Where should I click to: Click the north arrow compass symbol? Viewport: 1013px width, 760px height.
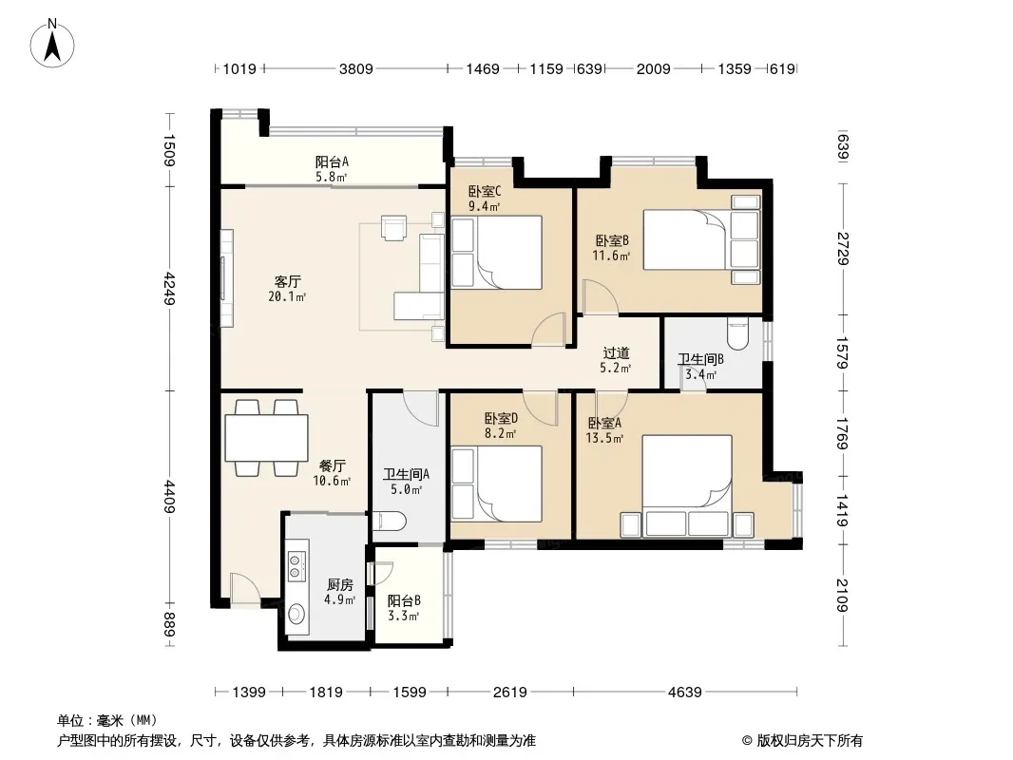[x=52, y=44]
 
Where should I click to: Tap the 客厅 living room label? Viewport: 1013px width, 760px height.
[x=288, y=281]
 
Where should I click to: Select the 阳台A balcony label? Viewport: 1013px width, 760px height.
[x=332, y=162]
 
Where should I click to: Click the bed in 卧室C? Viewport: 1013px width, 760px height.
[x=496, y=253]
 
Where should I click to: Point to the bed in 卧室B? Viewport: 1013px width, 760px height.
[x=701, y=238]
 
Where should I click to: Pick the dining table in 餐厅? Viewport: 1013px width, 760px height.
[x=266, y=437]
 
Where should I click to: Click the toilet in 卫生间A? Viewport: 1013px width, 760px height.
[x=389, y=521]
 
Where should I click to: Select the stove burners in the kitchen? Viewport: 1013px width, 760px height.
[x=296, y=565]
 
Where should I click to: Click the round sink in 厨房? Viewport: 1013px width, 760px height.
[x=296, y=614]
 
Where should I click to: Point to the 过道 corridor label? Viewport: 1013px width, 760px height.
[x=616, y=353]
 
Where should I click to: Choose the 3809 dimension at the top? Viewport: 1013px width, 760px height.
[x=356, y=68]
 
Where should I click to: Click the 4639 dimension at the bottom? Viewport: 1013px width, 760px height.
[x=685, y=693]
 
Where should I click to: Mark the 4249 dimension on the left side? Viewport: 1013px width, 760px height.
[x=169, y=289]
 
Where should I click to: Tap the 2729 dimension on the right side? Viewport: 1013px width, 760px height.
[x=843, y=249]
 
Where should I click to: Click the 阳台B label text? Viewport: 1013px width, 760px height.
[x=404, y=600]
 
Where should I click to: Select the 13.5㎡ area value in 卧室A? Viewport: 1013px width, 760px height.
[x=604, y=439]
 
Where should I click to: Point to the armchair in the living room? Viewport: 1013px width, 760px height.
[x=394, y=228]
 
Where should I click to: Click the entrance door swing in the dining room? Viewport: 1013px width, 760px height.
[x=245, y=588]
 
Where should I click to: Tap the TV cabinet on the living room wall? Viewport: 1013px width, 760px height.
[x=226, y=278]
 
